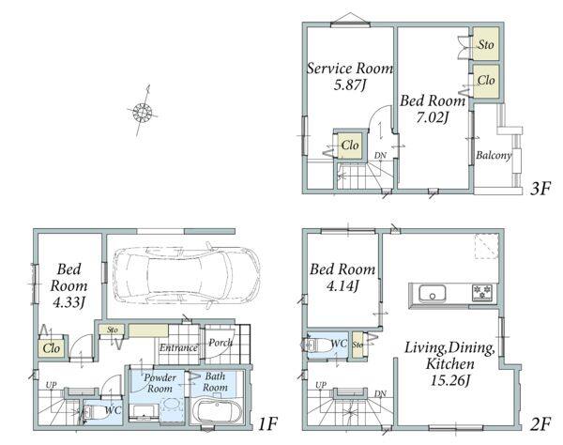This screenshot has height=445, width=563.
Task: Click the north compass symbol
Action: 143,112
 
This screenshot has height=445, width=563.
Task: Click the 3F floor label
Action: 540,189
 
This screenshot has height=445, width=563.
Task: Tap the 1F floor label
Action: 267,424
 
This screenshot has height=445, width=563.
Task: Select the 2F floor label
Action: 540,424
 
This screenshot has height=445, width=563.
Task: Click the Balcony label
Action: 494,155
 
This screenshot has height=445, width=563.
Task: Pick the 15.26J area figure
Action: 449,380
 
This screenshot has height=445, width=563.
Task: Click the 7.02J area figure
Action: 433,117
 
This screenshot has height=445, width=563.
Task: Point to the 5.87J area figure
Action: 350,84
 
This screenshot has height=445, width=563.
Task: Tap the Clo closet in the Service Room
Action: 350,146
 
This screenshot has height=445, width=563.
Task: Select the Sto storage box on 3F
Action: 486,44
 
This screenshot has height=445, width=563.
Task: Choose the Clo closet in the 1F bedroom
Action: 52,347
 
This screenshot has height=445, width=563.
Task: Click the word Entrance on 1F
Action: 178,347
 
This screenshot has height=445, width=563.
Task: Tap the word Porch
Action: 221,343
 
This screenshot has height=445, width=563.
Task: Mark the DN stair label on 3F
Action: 380,156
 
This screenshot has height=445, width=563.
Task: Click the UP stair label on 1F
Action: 51,385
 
